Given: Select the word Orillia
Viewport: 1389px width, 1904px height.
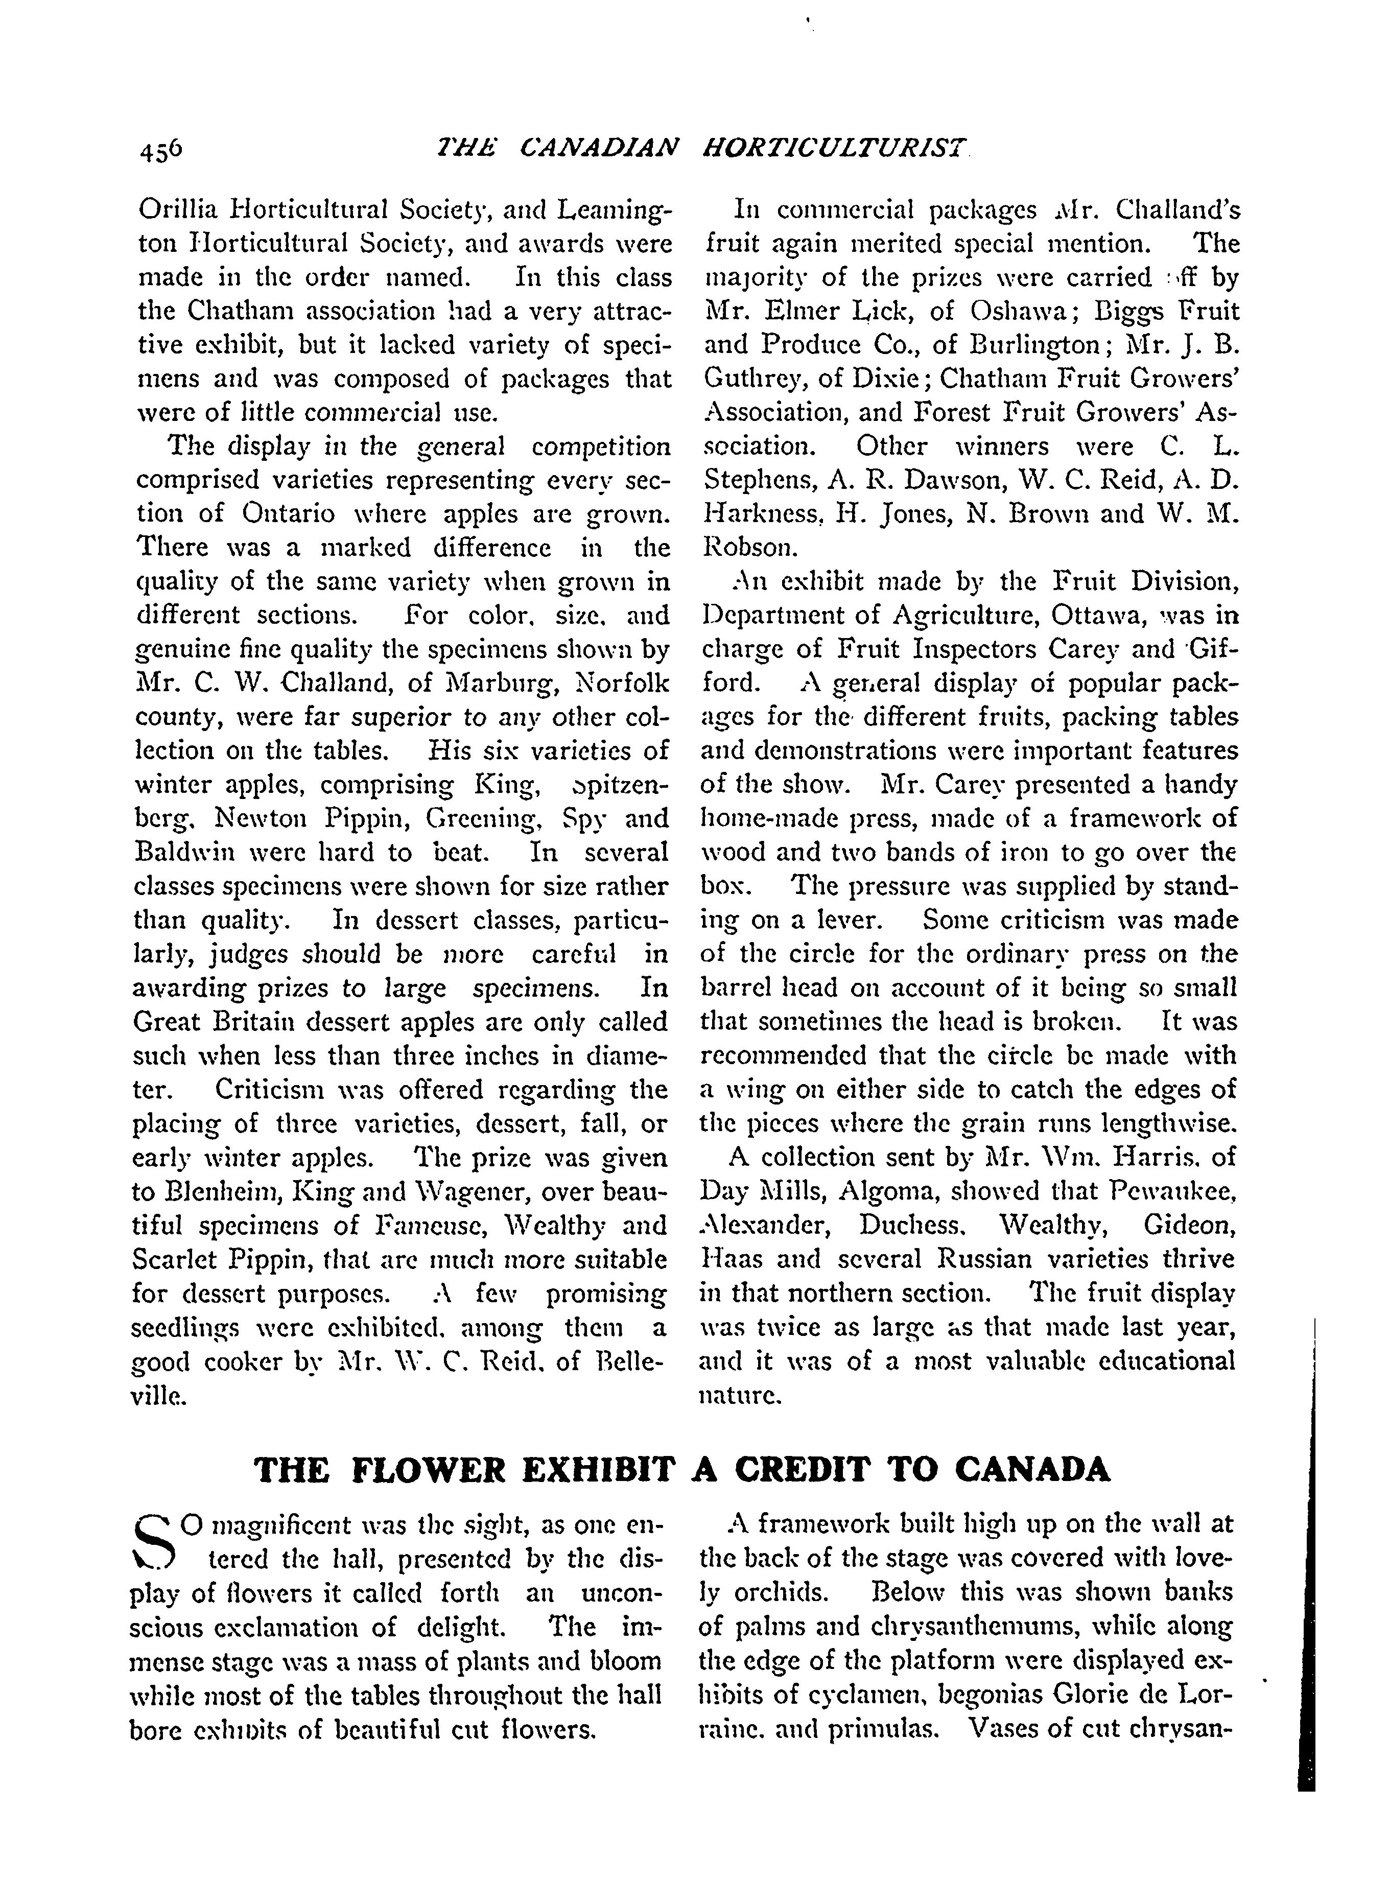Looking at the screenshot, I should click(177, 209).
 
